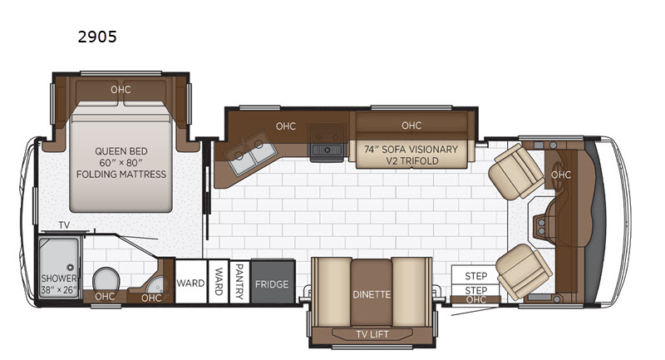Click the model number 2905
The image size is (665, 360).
coord(97,37)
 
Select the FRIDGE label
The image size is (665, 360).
coord(272,284)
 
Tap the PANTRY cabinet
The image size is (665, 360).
coord(239,281)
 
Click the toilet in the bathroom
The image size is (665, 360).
coord(106,280)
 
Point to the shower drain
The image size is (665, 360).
coord(71,268)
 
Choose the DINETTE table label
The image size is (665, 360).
coord(372,294)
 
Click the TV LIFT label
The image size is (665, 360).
coord(372,334)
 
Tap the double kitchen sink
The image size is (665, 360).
coord(251,153)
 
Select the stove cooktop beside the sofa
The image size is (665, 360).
coord(327,143)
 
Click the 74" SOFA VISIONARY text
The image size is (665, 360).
coord(411,150)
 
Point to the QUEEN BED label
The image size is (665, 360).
coord(121,151)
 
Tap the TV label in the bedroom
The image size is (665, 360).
coord(64,225)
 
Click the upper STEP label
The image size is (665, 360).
coord(475,276)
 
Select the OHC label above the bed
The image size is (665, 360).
coord(121,90)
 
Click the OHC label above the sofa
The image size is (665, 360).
coord(411,126)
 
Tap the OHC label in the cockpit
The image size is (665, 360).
coord(561,175)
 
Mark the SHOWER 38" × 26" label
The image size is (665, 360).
coord(59,284)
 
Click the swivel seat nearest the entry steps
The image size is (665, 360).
coord(524,271)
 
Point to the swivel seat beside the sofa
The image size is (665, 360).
coord(516,171)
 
